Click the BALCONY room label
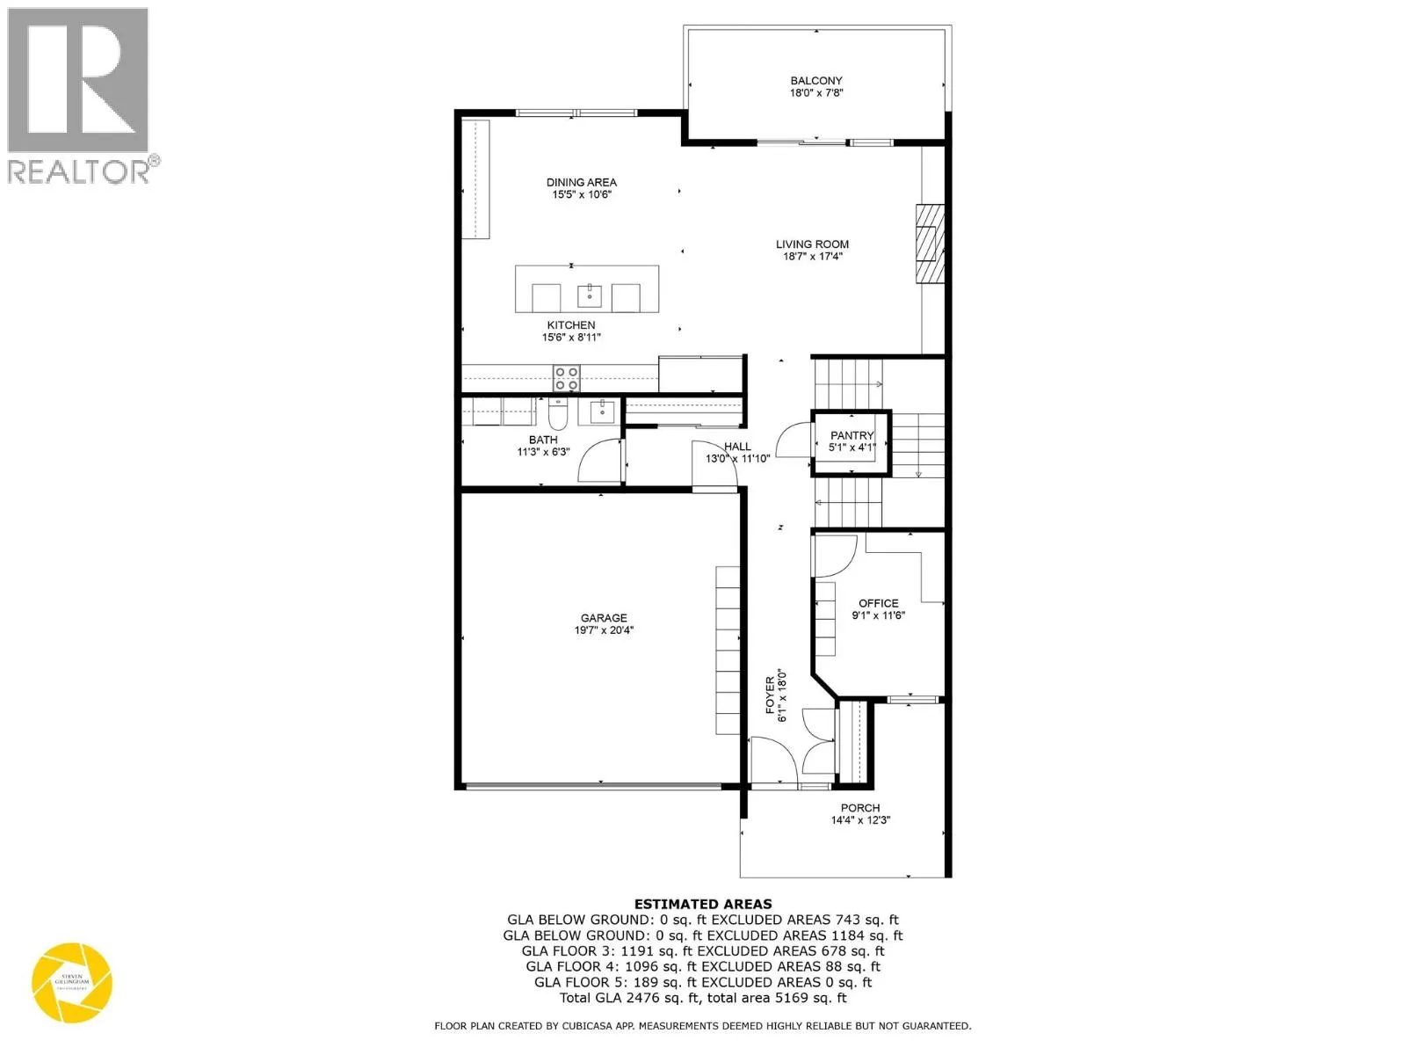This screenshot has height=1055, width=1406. tap(816, 81)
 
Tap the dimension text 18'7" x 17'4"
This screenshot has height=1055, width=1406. tap(813, 257)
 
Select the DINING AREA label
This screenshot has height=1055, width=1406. tap(581, 182)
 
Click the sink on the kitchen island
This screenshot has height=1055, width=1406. tap(589, 295)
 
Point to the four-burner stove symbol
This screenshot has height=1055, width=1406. tap(567, 379)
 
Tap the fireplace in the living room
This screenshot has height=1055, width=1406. tap(929, 244)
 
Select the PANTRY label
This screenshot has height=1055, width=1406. tap(852, 435)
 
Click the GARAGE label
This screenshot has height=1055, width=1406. tap(604, 618)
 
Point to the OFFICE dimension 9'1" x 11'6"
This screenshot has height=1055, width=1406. tap(878, 615)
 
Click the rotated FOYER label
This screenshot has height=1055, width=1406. tap(771, 695)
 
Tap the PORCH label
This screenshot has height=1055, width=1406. tap(859, 808)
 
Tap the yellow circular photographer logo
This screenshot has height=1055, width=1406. tap(72, 983)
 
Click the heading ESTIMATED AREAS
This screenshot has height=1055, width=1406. tap(703, 904)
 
